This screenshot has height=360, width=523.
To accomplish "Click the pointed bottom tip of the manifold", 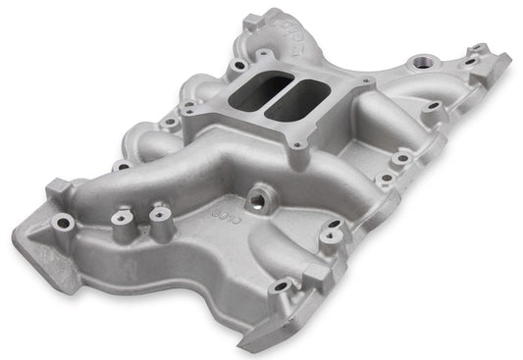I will [249, 344].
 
